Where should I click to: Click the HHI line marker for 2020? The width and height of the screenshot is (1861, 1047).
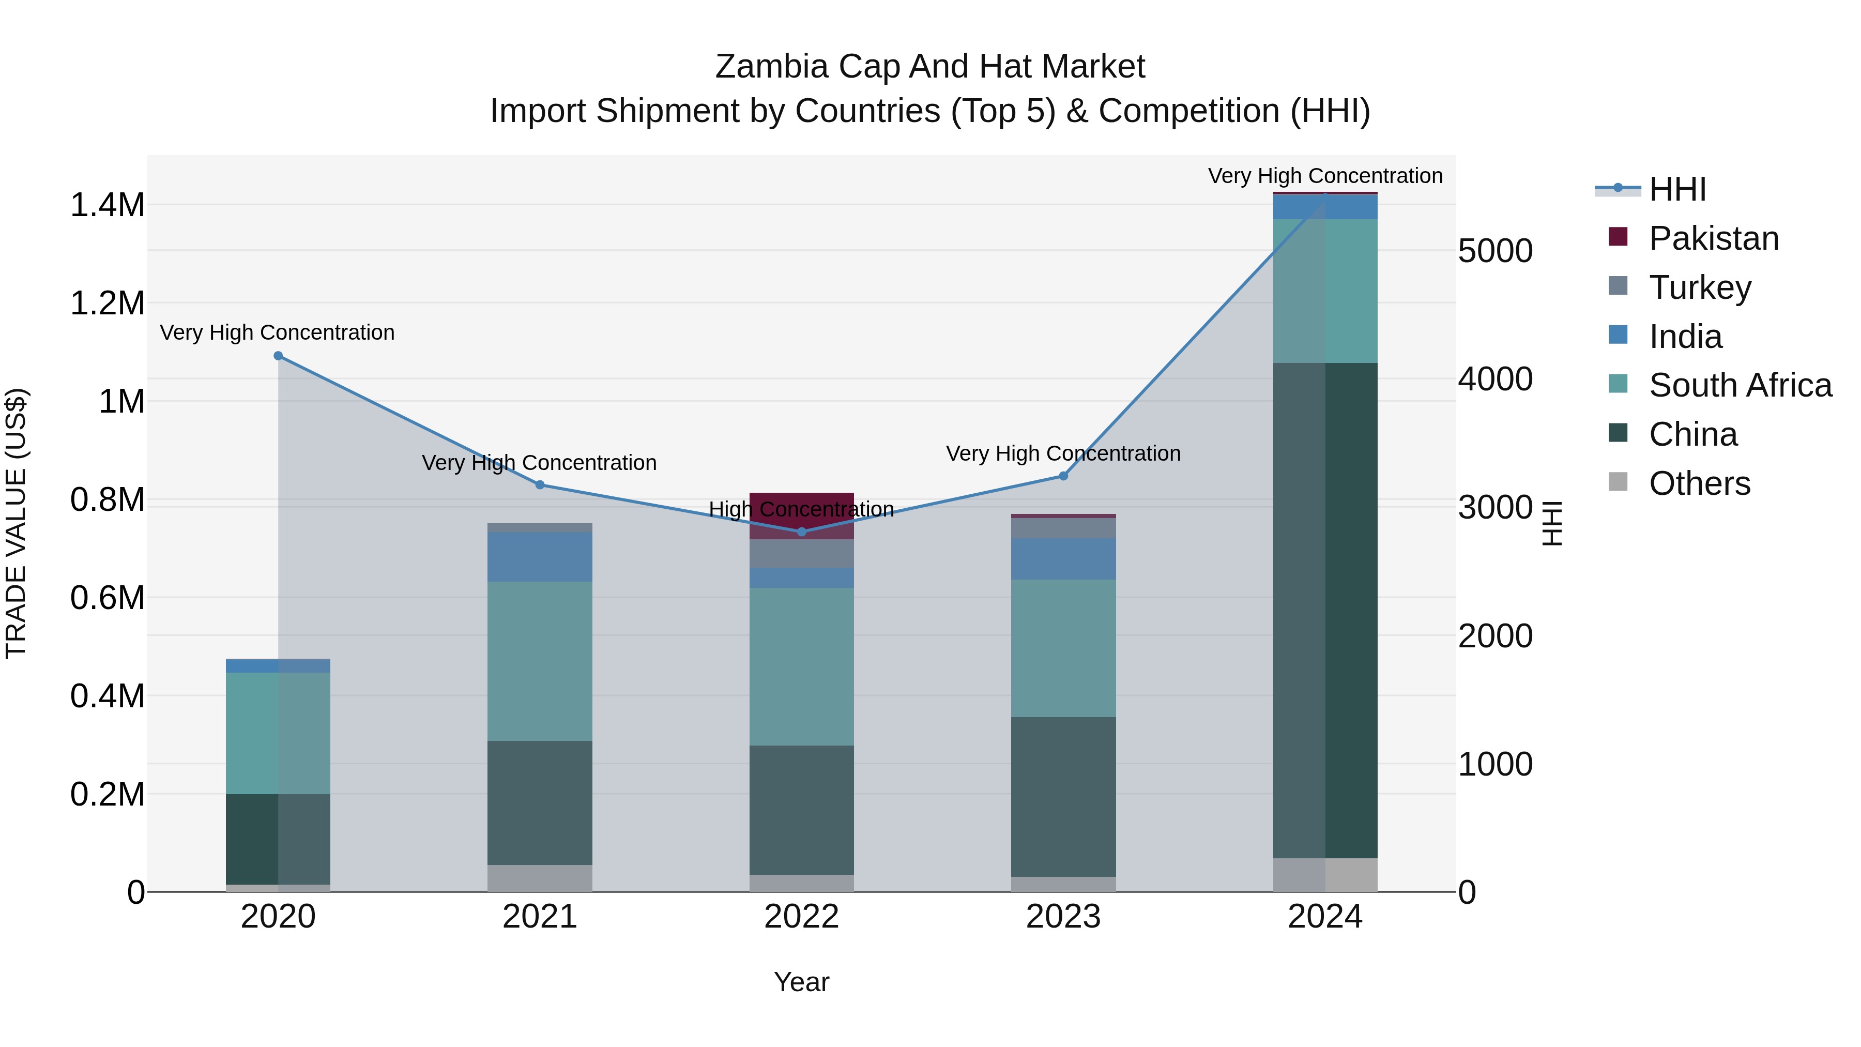point(278,356)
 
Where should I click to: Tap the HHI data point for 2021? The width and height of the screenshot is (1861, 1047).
point(540,485)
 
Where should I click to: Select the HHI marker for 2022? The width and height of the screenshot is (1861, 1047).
point(801,532)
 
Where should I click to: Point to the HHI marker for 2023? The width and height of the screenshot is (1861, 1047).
point(1063,476)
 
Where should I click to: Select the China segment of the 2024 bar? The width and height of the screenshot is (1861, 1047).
point(1325,611)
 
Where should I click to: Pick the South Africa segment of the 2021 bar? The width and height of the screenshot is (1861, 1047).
point(540,661)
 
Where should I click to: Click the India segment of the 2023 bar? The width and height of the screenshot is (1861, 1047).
point(1063,558)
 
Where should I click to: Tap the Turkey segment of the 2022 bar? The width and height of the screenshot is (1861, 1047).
point(801,553)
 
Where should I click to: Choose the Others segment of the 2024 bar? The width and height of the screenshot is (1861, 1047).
point(1325,875)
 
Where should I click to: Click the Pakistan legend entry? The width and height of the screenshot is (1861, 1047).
point(1713,238)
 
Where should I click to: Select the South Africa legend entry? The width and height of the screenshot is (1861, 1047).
point(1740,385)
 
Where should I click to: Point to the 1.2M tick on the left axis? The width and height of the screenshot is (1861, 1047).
point(107,304)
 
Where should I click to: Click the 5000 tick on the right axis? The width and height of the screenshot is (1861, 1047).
point(1494,251)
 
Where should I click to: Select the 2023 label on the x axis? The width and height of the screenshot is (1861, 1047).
point(1063,917)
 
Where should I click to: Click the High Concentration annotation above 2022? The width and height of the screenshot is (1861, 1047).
point(801,509)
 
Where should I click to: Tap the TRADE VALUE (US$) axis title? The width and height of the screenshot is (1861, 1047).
point(16,523)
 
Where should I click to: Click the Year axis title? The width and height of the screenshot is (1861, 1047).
point(801,982)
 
